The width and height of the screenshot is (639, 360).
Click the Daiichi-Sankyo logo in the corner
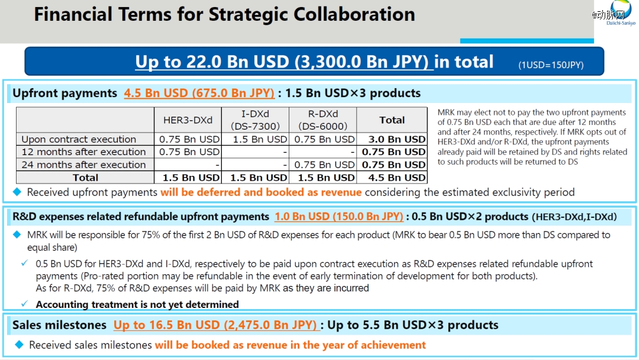coord(621,12)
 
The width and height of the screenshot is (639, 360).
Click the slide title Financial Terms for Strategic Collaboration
coord(225,14)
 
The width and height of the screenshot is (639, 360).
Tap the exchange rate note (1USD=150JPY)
coord(551,65)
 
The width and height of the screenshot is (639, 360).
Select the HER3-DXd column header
coord(188,120)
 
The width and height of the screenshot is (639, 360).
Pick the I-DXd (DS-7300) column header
coord(255,120)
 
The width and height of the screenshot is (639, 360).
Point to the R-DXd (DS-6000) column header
coord(323,120)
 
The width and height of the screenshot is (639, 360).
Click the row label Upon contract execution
coord(79,139)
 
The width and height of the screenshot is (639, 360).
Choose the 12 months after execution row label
coord(83,152)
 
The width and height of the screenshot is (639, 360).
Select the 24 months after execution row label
coord(83,165)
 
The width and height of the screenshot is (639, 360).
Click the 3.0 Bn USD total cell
coord(397,139)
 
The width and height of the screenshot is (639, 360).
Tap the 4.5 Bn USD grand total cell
coord(397,178)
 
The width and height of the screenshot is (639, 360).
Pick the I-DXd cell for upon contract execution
coord(260,139)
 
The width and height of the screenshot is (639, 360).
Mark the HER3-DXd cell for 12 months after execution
coord(189,152)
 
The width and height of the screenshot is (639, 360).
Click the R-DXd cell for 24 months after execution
coord(324,165)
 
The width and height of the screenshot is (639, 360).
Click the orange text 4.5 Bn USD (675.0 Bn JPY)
coord(199,94)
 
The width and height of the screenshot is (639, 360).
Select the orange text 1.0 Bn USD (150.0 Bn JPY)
coord(339,217)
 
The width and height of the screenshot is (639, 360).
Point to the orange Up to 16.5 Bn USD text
coord(215,325)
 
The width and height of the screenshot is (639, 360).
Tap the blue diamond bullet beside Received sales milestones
coord(19,345)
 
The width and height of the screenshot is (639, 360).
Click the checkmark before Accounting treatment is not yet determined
coord(25,304)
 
